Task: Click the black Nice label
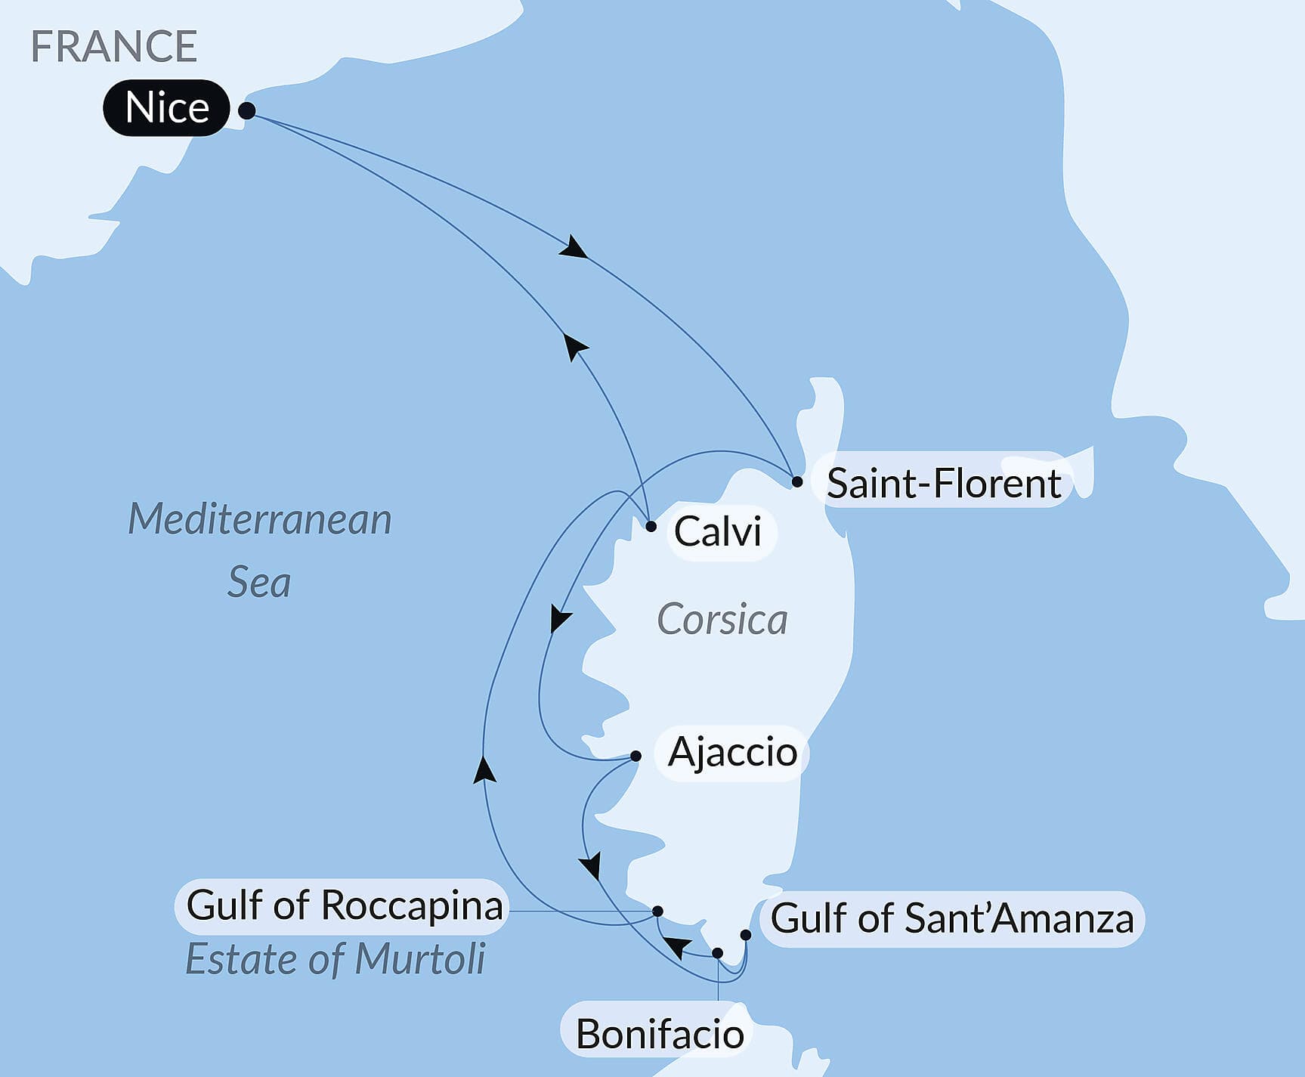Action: pyautogui.click(x=166, y=107)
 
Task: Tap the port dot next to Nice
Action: pyautogui.click(x=246, y=111)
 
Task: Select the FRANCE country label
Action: pyautogui.click(x=114, y=46)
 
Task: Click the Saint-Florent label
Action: pyautogui.click(x=943, y=482)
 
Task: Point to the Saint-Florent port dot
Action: pyautogui.click(x=796, y=481)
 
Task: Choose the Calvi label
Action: pyautogui.click(x=716, y=531)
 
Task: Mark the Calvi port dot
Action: pyautogui.click(x=651, y=526)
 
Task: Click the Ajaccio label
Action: pyautogui.click(x=732, y=752)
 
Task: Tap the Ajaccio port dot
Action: pyautogui.click(x=635, y=756)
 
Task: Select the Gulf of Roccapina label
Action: pyautogui.click(x=344, y=905)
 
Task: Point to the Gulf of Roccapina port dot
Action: pyautogui.click(x=657, y=911)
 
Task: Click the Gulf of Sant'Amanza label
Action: pyautogui.click(x=951, y=919)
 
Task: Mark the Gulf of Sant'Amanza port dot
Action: pyautogui.click(x=745, y=935)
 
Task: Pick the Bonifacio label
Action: pyautogui.click(x=659, y=1033)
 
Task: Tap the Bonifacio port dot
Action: pyautogui.click(x=718, y=953)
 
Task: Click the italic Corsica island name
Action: pyautogui.click(x=722, y=620)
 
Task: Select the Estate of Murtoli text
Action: pyautogui.click(x=335, y=959)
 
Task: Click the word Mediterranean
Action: pyautogui.click(x=259, y=519)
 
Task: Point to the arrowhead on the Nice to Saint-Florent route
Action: pyautogui.click(x=574, y=248)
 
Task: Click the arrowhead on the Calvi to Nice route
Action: pyautogui.click(x=576, y=348)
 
